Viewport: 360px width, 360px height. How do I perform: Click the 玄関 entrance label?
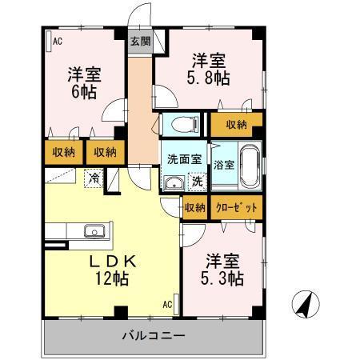140,42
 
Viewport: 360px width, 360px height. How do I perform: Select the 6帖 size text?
82,93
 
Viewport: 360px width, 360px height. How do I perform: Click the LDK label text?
111,261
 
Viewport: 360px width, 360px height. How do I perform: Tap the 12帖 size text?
111,279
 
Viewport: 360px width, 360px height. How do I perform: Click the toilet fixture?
182,125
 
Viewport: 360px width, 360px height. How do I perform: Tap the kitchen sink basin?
94,232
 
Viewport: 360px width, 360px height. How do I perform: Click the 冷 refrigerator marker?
94,178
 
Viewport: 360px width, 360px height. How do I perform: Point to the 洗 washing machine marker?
196,182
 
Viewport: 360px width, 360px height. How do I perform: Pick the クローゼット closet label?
238,208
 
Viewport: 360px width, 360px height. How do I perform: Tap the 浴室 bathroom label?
223,166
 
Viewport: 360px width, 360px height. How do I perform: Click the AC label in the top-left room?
57,41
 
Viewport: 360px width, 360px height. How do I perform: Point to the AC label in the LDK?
168,304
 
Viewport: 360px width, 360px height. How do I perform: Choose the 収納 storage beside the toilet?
235,124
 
